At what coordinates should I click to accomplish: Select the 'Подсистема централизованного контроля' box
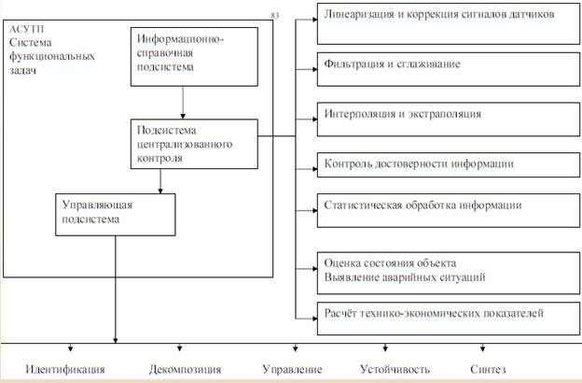pyautogui.click(x=193, y=143)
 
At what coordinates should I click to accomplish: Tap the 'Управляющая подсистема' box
pyautogui.click(x=115, y=212)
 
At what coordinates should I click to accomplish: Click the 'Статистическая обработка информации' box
pyautogui.click(x=438, y=206)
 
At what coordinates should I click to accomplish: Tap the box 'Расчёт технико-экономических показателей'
pyautogui.click(x=438, y=313)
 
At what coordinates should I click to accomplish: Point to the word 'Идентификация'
pyautogui.click(x=65, y=368)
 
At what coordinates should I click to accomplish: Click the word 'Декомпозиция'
pyautogui.click(x=184, y=368)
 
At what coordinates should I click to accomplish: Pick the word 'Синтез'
pyautogui.click(x=492, y=368)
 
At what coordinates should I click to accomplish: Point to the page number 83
pyautogui.click(x=274, y=16)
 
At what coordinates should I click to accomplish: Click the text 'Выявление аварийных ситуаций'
pyautogui.click(x=404, y=277)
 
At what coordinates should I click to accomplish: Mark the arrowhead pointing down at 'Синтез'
pyautogui.click(x=486, y=350)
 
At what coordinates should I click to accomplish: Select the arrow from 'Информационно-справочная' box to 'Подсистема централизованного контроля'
pyautogui.click(x=183, y=102)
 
